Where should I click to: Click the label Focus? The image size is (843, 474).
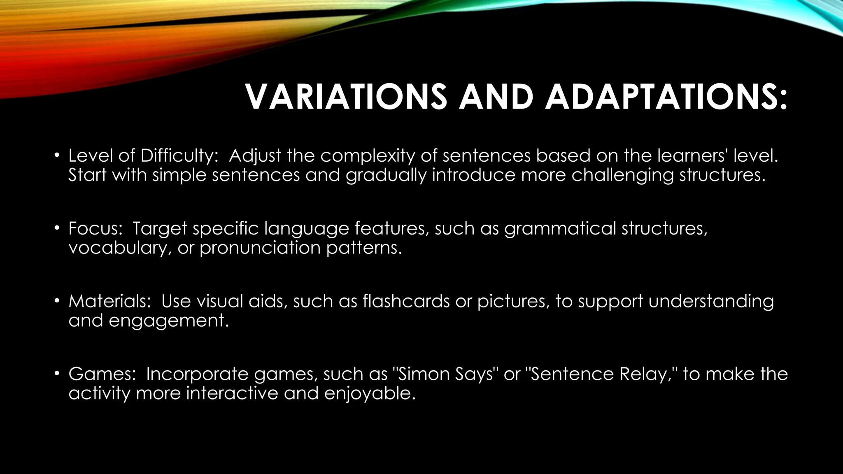coord(95,228)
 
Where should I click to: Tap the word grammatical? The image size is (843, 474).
coord(560,229)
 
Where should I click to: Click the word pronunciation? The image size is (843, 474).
coord(260,248)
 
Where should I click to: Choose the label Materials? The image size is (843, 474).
coord(110,301)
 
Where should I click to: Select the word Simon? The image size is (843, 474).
coord(424,374)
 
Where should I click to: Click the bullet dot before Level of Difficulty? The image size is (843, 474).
coord(57,156)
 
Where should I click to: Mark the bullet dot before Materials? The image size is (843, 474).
coord(57,302)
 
